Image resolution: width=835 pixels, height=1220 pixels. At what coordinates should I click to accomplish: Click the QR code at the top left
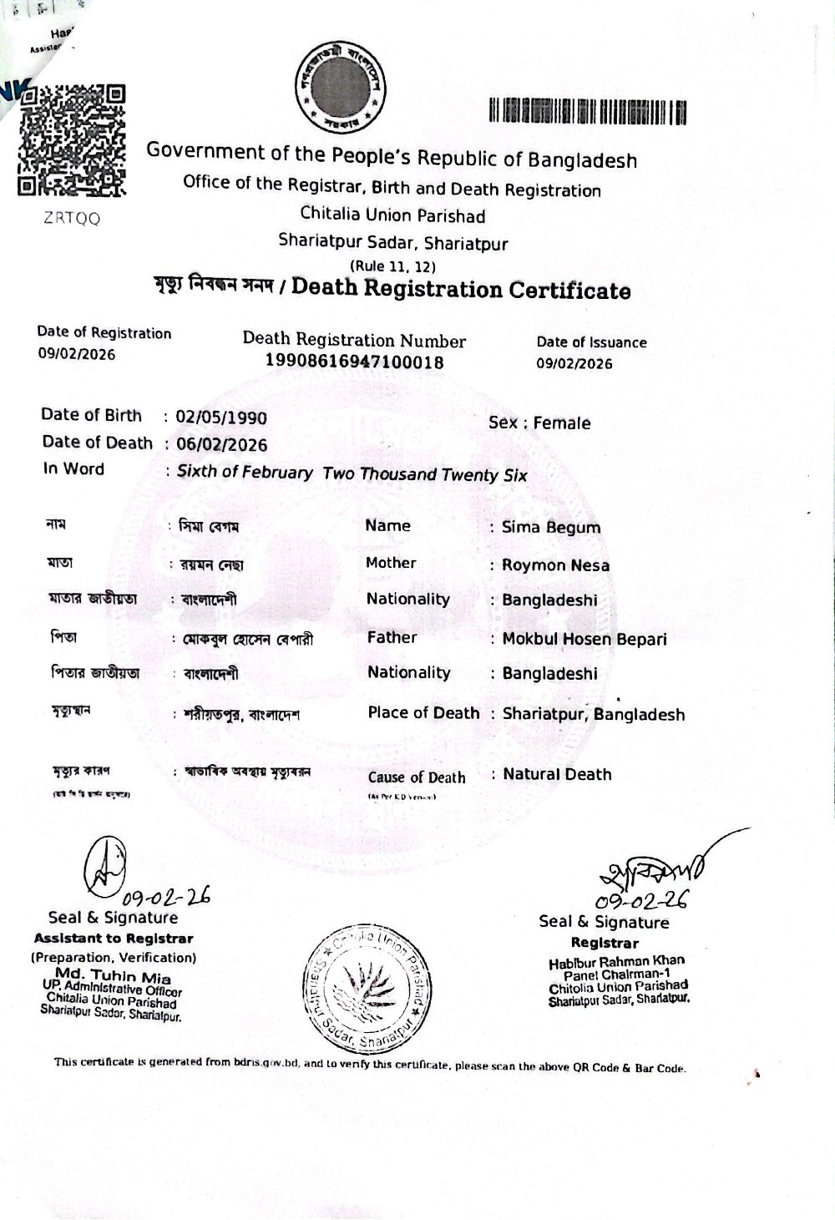72,139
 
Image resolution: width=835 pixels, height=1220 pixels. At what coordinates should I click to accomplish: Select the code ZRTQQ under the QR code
72,219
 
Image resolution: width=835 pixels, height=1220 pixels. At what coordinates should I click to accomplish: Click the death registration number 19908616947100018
354,362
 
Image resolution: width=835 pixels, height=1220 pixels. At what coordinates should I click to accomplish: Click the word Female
562,423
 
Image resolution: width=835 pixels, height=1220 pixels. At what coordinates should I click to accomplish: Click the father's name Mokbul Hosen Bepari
584,640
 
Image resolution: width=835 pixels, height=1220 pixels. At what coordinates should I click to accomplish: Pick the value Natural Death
557,775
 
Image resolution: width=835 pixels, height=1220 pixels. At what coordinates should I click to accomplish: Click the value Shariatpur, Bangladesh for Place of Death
594,715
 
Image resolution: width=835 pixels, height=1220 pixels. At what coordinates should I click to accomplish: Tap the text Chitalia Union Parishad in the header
392,216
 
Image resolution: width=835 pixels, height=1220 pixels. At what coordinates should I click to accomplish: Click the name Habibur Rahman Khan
616,961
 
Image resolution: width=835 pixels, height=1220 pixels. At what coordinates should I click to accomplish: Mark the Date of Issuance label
591,342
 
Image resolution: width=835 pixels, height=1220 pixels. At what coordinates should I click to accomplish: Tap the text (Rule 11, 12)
392,266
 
